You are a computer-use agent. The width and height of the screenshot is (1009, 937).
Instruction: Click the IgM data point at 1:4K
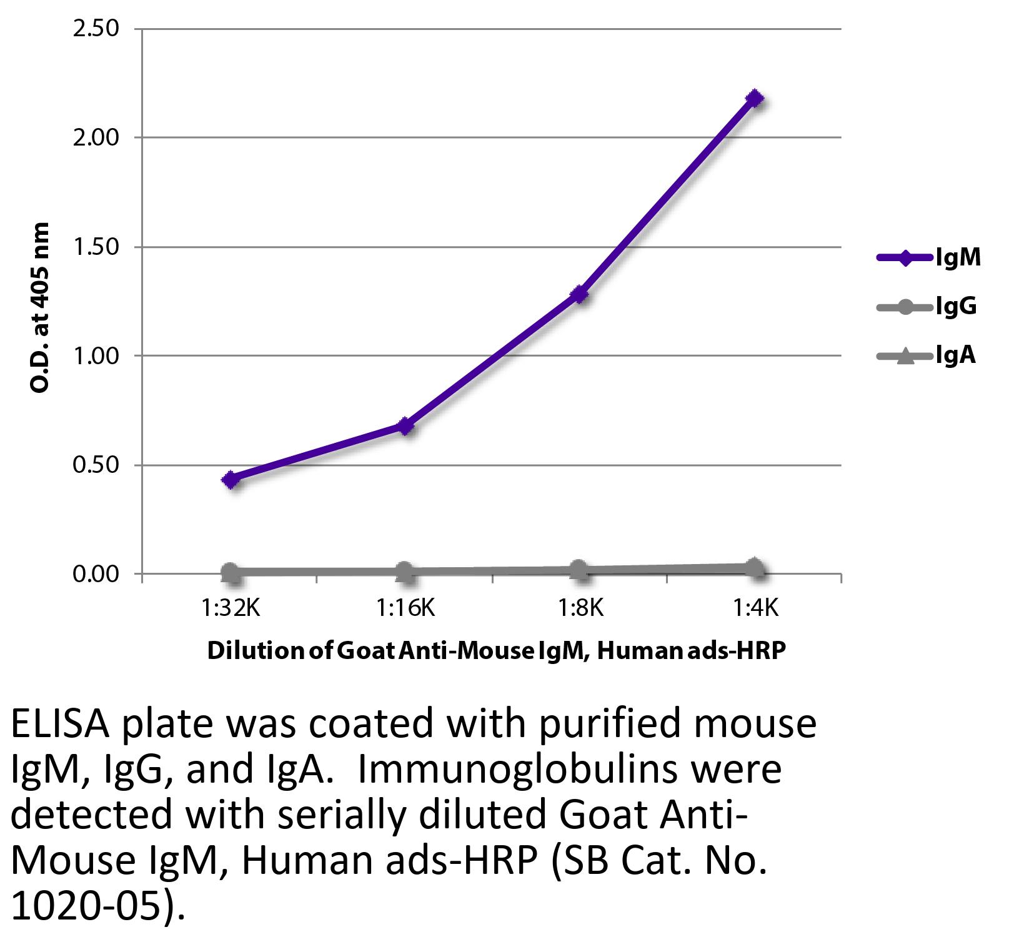(755, 99)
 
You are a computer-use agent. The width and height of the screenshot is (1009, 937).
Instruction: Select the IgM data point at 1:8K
(580, 294)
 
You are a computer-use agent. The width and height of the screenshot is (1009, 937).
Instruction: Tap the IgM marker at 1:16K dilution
(405, 426)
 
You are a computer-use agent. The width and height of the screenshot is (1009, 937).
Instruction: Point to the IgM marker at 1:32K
(231, 480)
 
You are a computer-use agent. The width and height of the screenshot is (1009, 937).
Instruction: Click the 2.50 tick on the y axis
(96, 29)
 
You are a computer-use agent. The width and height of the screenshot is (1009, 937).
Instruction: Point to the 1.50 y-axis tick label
(96, 247)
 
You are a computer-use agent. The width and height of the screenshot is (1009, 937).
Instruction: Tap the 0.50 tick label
(96, 465)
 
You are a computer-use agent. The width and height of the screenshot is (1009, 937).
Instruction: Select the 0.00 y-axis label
(96, 573)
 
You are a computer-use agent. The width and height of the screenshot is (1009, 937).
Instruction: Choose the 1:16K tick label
(406, 608)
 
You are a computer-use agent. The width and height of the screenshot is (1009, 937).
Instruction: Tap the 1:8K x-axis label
(581, 608)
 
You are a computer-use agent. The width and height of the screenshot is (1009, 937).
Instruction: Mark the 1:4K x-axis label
(755, 608)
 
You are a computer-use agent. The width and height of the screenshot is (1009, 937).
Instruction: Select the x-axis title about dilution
(496, 651)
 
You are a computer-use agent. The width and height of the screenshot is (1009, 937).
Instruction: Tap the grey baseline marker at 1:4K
(755, 567)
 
